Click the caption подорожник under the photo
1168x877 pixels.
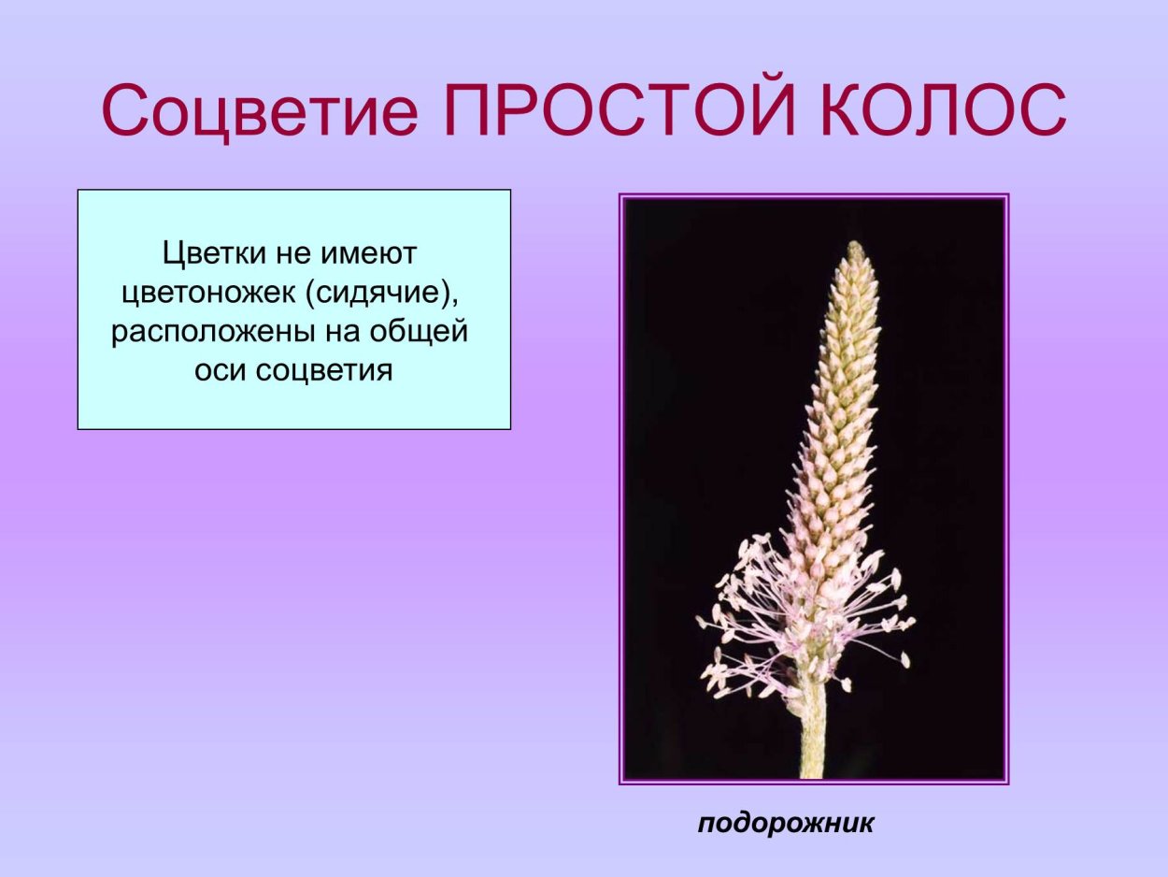coord(786,823)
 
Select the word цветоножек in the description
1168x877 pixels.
coord(207,293)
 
